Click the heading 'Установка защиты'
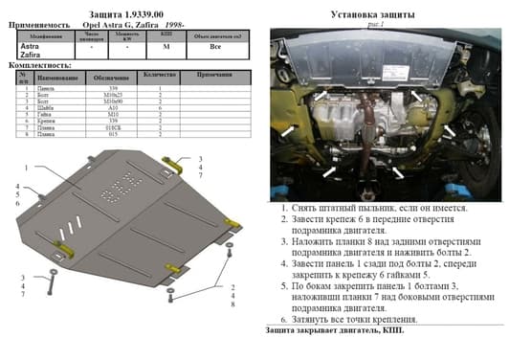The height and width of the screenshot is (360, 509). click(371, 14)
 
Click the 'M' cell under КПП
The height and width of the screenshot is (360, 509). click(167, 45)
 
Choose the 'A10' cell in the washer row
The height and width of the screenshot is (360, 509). click(112, 110)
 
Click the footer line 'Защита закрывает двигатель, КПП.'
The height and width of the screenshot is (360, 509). click(321, 330)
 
